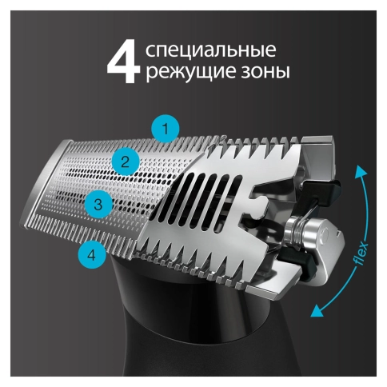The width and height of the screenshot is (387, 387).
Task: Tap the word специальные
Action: pyautogui.click(x=212, y=50)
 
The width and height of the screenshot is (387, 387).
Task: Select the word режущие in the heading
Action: pyautogui.click(x=186, y=73)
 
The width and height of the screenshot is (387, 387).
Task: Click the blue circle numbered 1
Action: pyautogui.click(x=166, y=128)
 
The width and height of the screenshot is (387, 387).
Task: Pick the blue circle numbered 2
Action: pyautogui.click(x=124, y=162)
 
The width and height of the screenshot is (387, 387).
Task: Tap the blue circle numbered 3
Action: pyautogui.click(x=98, y=204)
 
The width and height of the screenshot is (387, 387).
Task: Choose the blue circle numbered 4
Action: pyautogui.click(x=93, y=255)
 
